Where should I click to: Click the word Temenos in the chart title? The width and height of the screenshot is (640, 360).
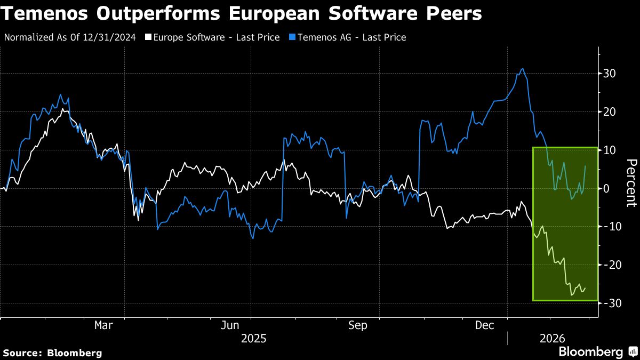46,14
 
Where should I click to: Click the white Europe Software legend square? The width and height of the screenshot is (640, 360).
148,37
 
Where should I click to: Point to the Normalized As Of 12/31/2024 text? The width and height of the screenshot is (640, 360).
69,37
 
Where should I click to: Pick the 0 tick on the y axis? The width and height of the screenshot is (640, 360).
606,188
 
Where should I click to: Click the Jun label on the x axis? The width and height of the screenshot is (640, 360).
229,325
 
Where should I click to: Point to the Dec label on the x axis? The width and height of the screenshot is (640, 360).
485,325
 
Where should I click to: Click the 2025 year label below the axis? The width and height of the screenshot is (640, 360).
254,338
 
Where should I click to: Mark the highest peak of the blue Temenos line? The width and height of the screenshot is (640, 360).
522,69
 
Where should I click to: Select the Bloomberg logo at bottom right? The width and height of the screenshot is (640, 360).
596,352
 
